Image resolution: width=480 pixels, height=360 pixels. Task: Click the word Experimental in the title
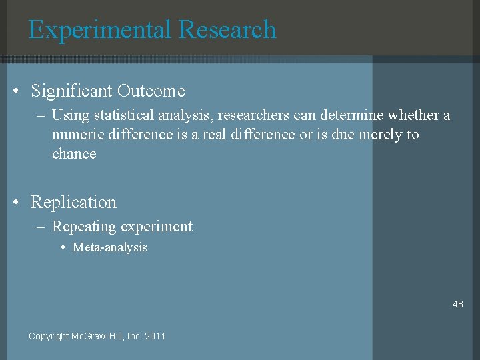click(x=100, y=30)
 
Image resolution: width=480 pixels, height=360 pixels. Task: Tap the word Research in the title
click(x=227, y=30)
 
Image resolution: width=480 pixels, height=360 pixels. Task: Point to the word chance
click(x=74, y=154)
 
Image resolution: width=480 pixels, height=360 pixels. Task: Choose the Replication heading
click(x=73, y=203)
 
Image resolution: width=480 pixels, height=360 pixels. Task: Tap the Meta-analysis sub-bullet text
click(x=110, y=247)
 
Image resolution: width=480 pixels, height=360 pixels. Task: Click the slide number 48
click(x=457, y=304)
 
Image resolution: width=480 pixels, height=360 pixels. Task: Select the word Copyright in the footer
click(x=49, y=336)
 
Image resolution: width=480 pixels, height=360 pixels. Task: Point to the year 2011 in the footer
click(x=155, y=336)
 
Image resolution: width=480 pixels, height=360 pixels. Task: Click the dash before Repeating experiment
click(x=41, y=227)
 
